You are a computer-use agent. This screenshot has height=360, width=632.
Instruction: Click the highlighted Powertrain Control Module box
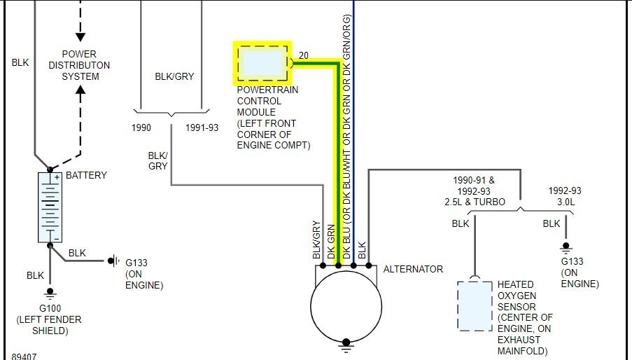pyautogui.click(x=262, y=63)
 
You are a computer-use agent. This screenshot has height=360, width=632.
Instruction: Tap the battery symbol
pyautogui.click(x=50, y=207)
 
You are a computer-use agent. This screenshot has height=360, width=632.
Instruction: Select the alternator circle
pyautogui.click(x=346, y=306)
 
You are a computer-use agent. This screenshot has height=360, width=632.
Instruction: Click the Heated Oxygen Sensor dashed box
pyautogui.click(x=475, y=305)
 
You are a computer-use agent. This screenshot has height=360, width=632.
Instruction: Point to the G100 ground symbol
pyautogui.click(x=50, y=294)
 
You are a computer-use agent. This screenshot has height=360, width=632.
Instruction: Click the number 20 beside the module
pyautogui.click(x=304, y=55)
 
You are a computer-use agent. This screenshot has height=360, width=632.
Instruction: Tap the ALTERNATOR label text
pyautogui.click(x=413, y=269)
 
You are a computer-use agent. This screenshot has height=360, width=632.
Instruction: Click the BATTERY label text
pyautogui.click(x=86, y=175)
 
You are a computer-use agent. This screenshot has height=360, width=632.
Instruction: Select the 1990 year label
pyautogui.click(x=141, y=127)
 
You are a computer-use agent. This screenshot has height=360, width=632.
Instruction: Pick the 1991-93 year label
pyautogui.click(x=202, y=127)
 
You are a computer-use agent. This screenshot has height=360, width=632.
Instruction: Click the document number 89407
pyautogui.click(x=24, y=356)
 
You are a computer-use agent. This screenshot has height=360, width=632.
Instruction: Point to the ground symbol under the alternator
pyautogui.click(x=346, y=345)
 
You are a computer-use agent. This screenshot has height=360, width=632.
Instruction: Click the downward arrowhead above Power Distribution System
pyautogui.click(x=80, y=37)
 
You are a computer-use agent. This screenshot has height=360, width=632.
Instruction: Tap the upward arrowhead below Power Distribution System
pyautogui.click(x=80, y=90)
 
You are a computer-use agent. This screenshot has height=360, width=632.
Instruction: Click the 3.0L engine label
pyautogui.click(x=566, y=202)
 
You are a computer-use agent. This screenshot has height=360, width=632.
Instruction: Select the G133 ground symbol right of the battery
pyautogui.click(x=113, y=261)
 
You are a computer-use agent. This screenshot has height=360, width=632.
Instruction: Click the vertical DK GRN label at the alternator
pyautogui.click(x=331, y=242)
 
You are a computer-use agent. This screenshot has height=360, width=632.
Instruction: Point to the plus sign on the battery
pyautogui.click(x=57, y=177)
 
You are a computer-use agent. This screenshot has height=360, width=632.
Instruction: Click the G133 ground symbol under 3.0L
pyautogui.click(x=566, y=247)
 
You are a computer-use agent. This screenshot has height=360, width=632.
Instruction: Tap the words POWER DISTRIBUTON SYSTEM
pyautogui.click(x=79, y=65)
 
